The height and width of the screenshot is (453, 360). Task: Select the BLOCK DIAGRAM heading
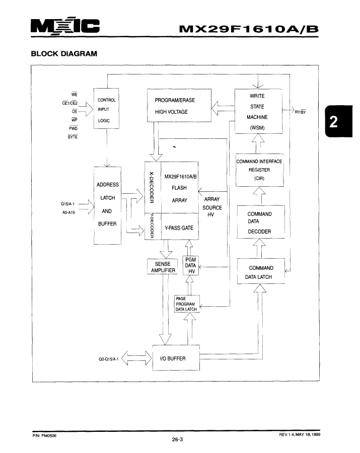click(x=64, y=54)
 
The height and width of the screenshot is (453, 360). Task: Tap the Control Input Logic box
click(x=106, y=108)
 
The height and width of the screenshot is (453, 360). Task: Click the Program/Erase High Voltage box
click(x=179, y=106)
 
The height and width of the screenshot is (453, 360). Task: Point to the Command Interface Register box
click(x=259, y=170)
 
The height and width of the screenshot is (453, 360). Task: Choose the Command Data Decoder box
click(x=261, y=222)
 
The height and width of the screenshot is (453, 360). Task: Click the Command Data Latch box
click(x=261, y=271)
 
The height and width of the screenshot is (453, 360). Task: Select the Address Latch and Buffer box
click(x=107, y=205)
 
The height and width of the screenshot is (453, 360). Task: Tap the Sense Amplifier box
click(x=162, y=266)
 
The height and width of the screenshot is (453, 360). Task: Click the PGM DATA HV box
click(x=191, y=265)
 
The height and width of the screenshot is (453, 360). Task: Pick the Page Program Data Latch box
click(x=187, y=304)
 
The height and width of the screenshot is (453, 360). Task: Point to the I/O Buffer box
click(x=176, y=358)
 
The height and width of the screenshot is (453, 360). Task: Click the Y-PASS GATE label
click(x=179, y=228)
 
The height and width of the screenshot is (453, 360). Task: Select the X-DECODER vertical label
click(x=152, y=188)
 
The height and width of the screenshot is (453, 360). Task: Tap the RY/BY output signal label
click(x=300, y=112)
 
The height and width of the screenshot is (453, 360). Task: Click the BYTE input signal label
click(x=73, y=137)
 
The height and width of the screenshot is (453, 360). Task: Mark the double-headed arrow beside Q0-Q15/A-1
click(x=136, y=358)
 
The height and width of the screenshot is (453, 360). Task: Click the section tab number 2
click(x=334, y=122)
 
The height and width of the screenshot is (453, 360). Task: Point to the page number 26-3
click(x=177, y=440)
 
